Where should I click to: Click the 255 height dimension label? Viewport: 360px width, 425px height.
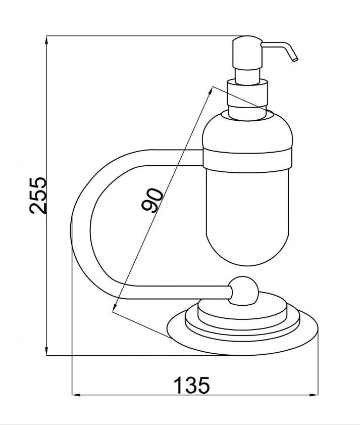(38, 196)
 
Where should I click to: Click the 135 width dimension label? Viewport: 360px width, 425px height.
(191, 385)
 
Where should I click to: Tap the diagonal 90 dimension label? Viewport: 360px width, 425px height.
(152, 200)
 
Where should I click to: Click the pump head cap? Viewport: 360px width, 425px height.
(247, 53)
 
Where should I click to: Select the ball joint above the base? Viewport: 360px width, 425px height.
(243, 292)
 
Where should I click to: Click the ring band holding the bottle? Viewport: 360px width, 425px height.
(247, 161)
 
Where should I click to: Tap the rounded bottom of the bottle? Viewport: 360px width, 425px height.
(247, 244)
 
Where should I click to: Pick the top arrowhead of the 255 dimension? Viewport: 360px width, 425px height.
(46, 40)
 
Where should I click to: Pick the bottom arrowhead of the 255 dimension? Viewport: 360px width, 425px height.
(46, 351)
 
